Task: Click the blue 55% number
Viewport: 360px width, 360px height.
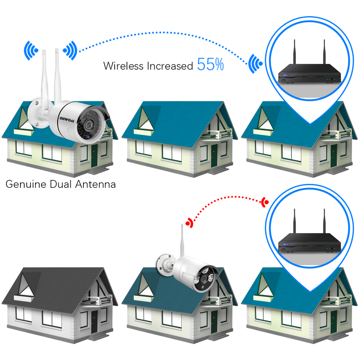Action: click(x=210, y=65)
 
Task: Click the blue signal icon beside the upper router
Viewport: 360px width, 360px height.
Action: click(x=255, y=64)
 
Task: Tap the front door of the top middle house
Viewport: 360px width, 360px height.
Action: click(x=214, y=155)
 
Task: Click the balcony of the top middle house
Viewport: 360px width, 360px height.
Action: click(x=217, y=134)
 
